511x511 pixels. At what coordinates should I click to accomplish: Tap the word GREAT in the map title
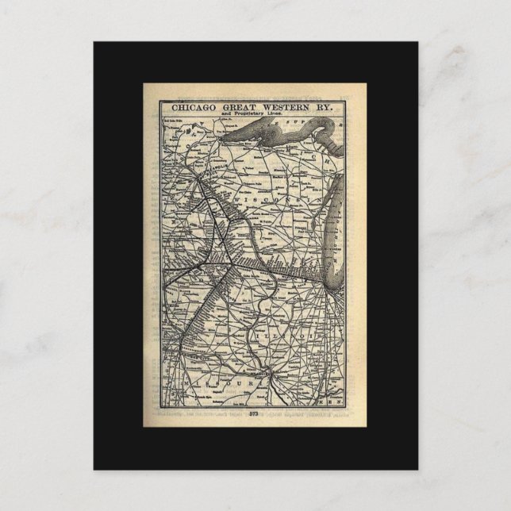[x=238, y=105]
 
